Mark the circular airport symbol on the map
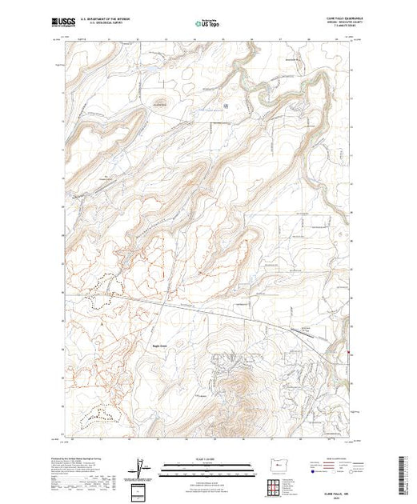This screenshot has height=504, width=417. click(226, 105)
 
